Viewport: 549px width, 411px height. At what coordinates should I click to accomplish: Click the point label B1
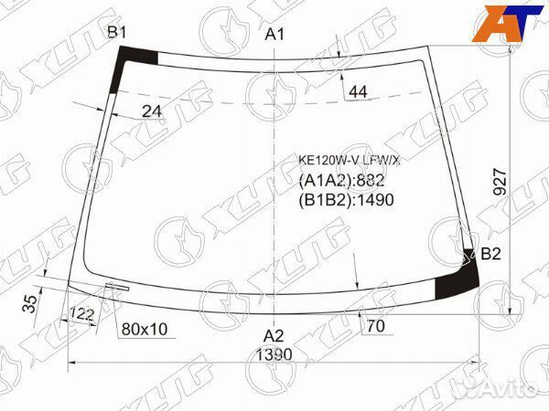pos(116,33)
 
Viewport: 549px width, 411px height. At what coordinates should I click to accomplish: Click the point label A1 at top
pos(274,34)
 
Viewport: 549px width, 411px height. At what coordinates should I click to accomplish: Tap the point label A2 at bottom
pos(274,335)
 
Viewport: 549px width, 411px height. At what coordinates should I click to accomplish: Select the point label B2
pos(490,254)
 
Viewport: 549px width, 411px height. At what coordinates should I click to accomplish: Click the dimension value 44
pos(358,91)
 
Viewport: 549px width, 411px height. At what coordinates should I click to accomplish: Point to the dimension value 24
pos(152,111)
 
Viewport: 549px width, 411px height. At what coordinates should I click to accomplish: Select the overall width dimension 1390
pos(274,353)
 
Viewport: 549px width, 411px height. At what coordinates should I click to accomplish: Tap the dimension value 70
pos(375,326)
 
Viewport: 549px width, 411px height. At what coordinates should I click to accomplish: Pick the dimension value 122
pos(82,314)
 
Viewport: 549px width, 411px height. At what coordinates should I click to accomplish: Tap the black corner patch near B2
pos(452,281)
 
